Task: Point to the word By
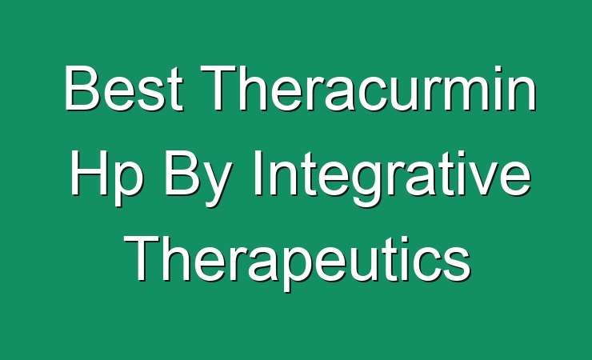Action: click(196, 178)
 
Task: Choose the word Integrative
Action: click(391, 178)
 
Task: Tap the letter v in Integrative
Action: click(483, 178)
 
